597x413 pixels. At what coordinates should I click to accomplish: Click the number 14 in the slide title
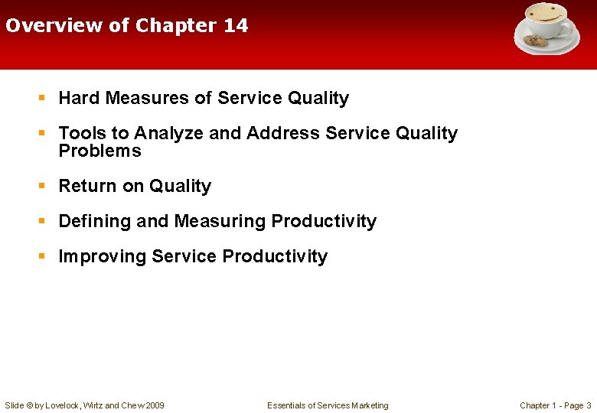click(x=236, y=25)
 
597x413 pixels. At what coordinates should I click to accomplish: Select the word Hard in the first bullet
click(x=80, y=98)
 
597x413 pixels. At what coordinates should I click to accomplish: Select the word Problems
click(x=99, y=151)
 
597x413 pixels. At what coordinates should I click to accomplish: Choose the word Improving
click(x=103, y=256)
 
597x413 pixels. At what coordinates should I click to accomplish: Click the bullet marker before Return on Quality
click(x=44, y=186)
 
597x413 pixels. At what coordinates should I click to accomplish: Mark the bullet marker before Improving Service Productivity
click(x=44, y=256)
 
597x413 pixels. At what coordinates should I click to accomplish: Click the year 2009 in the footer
click(x=154, y=405)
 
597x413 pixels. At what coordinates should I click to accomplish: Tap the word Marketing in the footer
click(x=370, y=405)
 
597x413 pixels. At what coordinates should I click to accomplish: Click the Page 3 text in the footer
click(x=577, y=405)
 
